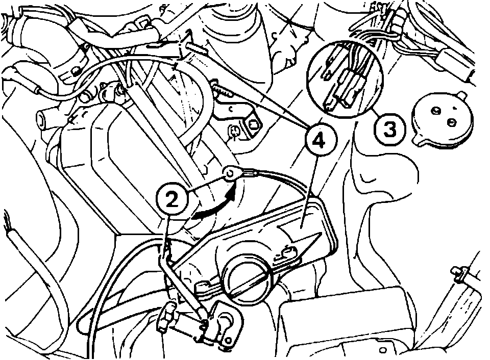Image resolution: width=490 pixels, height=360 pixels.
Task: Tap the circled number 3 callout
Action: pos(389,127)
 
